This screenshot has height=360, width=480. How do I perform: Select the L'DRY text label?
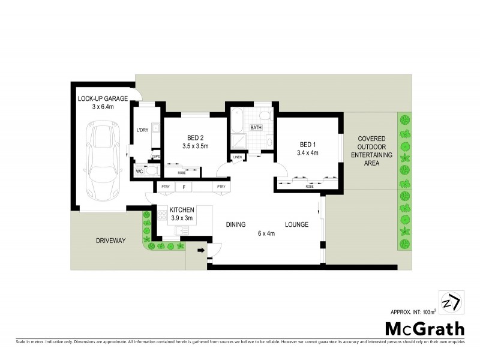142,130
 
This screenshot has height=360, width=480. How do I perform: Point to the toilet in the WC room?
151,171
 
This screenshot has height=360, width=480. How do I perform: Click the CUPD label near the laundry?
155,157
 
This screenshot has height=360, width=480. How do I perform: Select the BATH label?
256,128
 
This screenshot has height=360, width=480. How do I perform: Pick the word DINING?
236,224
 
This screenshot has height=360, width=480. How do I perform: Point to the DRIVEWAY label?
110,241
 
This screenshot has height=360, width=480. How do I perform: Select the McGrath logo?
425,328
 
